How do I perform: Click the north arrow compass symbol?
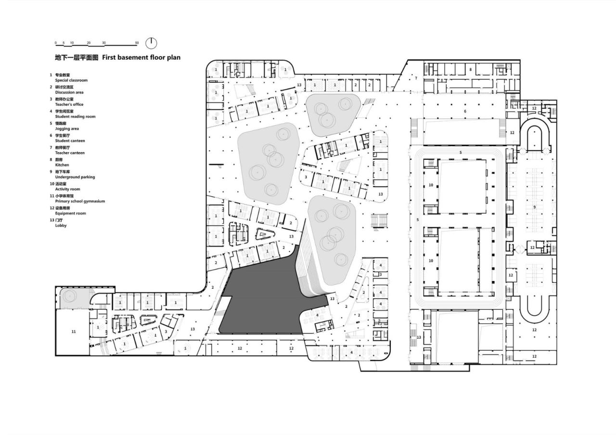click(x=151, y=43)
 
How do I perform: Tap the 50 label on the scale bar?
click(x=137, y=43)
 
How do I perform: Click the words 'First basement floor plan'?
click(x=141, y=57)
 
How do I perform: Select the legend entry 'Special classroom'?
click(x=71, y=80)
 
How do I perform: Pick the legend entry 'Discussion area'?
click(x=69, y=92)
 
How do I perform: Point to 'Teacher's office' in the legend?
click(x=69, y=104)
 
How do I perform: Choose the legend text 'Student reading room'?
click(x=75, y=116)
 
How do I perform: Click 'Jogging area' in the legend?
click(x=67, y=128)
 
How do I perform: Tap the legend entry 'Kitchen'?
click(x=62, y=165)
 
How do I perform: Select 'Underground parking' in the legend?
click(x=75, y=177)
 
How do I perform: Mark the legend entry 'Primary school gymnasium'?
click(x=80, y=201)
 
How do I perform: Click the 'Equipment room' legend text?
click(x=70, y=213)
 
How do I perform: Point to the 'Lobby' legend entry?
click(x=61, y=225)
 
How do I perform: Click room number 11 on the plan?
click(x=74, y=332)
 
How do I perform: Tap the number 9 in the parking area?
click(x=534, y=207)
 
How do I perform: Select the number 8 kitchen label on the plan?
click(x=470, y=70)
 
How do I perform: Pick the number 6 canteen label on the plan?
click(x=465, y=111)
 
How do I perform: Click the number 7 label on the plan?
click(x=416, y=77)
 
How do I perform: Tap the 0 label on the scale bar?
click(x=56, y=43)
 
